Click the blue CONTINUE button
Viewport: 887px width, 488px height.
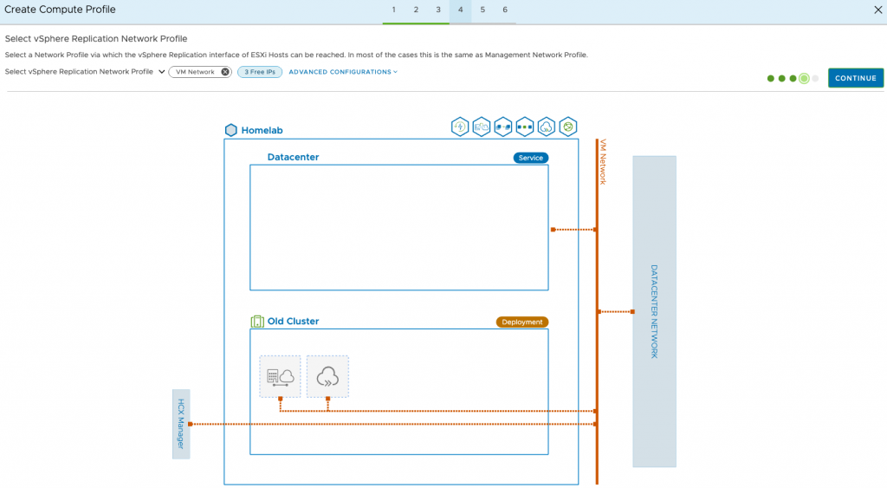[x=855, y=78]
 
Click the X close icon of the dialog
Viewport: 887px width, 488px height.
[x=878, y=10]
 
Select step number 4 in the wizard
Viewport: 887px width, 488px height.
[x=461, y=10]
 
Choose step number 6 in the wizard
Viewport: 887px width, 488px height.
[x=505, y=10]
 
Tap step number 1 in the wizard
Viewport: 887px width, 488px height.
[x=394, y=10]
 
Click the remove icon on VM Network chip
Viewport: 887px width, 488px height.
[x=225, y=72]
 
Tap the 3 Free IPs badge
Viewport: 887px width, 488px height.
[x=260, y=72]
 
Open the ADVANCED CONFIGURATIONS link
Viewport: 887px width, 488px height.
[x=343, y=72]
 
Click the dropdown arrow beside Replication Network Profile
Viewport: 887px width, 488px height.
[x=162, y=72]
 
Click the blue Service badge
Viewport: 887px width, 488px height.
[x=531, y=158]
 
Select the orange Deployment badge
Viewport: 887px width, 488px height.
[x=522, y=322]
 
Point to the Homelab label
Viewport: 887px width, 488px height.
[x=262, y=130]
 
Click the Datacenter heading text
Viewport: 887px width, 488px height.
[x=293, y=158]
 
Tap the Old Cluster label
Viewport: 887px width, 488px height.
[x=293, y=321]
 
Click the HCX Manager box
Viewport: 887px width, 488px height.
[x=181, y=424]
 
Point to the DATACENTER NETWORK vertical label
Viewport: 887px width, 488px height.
[x=655, y=311]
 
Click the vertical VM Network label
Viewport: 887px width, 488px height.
[x=603, y=162]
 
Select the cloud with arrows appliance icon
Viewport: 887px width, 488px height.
[x=327, y=376]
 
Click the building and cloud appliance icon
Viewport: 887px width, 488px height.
[x=280, y=376]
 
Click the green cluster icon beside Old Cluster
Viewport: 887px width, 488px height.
[x=256, y=322]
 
